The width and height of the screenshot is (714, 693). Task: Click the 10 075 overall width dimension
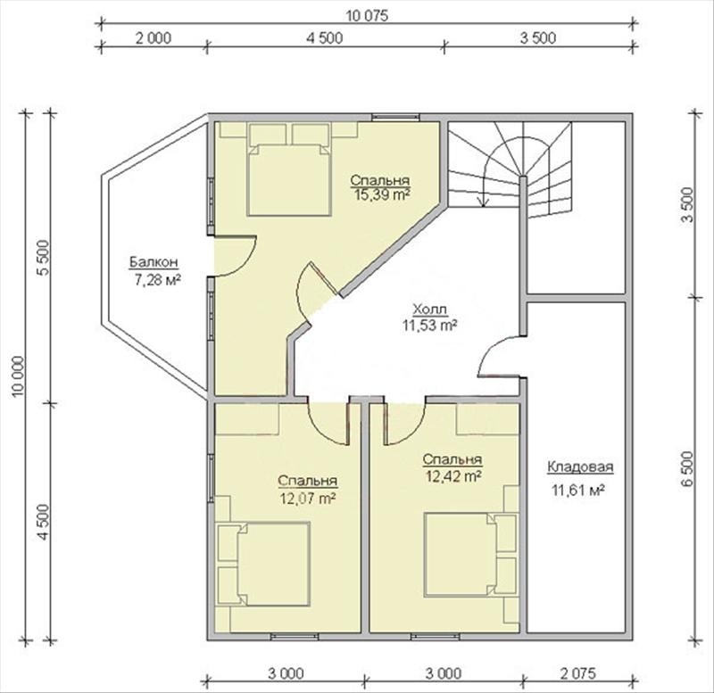point(367,16)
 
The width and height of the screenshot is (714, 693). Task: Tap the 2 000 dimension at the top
point(154,37)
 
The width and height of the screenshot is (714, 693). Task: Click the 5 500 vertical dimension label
point(44,257)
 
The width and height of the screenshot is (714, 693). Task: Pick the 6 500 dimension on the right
point(687,469)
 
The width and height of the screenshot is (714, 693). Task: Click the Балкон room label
point(154,262)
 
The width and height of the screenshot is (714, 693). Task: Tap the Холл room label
point(429,309)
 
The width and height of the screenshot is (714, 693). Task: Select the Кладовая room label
point(580,466)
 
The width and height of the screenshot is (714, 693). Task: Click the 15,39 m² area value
point(380,194)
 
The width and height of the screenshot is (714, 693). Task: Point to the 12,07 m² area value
point(309,499)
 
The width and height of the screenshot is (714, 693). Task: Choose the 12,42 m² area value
point(454,476)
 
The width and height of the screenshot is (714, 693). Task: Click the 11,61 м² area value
point(578,491)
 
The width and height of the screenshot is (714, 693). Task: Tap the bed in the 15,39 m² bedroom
point(288,179)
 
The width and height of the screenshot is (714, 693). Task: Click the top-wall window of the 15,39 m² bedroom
point(394,119)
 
